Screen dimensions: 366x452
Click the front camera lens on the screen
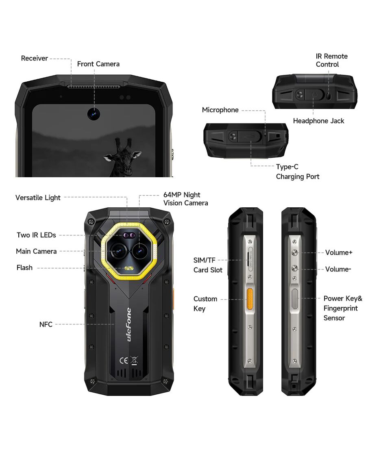pos(94,114)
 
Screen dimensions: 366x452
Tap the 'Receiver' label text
pos(34,58)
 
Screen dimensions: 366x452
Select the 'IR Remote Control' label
pos(332,60)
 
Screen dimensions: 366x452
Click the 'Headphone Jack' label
pos(318,121)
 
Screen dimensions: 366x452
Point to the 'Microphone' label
pos(220,110)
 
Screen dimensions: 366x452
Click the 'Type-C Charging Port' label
pos(297,172)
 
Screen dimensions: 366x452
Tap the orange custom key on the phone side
pos(250,299)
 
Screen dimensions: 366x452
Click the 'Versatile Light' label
pos(38,198)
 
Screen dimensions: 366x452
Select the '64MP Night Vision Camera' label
pos(185,199)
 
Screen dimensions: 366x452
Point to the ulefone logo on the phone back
pos(129,325)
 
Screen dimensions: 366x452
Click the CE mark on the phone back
pos(124,361)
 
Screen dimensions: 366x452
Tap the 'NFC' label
pos(46,325)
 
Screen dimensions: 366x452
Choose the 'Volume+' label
pos(339,252)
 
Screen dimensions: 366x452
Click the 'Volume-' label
pos(338,269)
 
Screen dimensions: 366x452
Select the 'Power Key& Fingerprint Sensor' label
pos(342,308)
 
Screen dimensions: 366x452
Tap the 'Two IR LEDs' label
pos(36,235)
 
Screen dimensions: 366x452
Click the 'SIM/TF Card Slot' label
pos(208,265)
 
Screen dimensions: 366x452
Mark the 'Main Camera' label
pos(36,251)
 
